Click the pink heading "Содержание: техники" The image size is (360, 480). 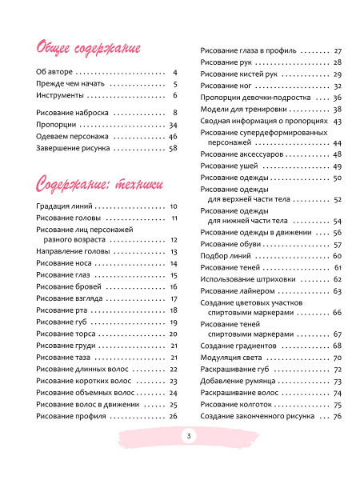(104, 182)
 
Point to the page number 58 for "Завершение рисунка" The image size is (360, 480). (172, 148)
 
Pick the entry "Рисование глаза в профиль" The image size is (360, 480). (250, 50)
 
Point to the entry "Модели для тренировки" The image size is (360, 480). (242, 109)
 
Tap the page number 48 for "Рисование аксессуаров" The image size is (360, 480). (337, 154)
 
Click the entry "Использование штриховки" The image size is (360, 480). (250, 279)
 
